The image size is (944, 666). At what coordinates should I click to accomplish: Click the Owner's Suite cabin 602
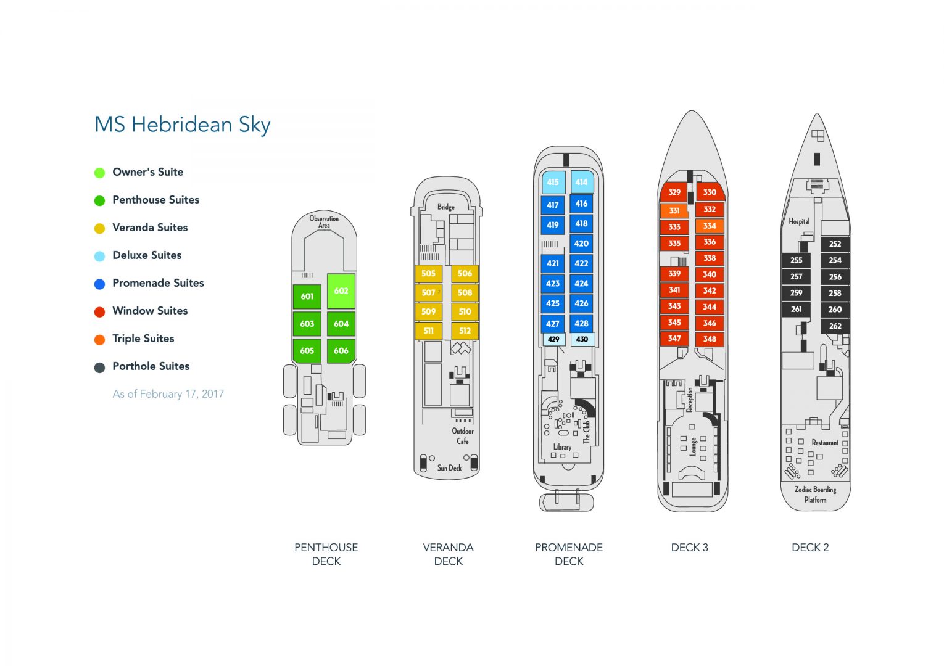point(341,291)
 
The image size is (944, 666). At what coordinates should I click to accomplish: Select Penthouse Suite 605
point(307,350)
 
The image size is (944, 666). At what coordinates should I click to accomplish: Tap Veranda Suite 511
point(428,331)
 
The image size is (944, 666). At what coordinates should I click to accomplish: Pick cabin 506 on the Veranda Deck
point(465,273)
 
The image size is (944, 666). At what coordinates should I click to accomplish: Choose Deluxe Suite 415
point(553,182)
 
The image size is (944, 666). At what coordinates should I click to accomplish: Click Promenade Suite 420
point(581,243)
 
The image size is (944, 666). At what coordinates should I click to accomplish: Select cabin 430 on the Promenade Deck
point(582,339)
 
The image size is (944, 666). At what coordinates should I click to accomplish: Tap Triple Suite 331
point(674,210)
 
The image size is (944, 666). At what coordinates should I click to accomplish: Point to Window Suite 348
point(710,339)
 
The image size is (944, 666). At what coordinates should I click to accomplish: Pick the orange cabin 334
point(710,226)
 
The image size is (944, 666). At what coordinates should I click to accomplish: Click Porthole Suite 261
point(797,309)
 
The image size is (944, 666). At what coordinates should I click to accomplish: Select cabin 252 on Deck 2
point(835,244)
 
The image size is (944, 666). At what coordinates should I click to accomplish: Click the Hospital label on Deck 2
point(799,221)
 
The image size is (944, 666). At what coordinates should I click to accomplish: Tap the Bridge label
point(446,207)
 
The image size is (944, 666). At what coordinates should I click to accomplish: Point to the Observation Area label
point(324,221)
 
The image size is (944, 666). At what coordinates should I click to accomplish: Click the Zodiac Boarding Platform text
point(815,494)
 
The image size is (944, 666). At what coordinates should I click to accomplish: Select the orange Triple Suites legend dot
point(99,339)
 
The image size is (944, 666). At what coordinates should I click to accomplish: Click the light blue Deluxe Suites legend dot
point(99,256)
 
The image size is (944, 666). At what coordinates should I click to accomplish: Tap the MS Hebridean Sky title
point(183,125)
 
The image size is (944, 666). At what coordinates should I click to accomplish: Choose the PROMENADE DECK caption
point(569,554)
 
